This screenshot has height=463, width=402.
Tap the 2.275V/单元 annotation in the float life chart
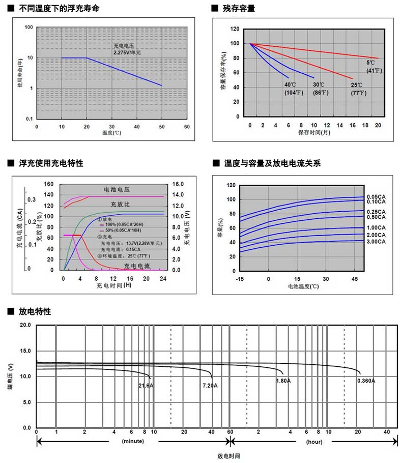pos(127,52)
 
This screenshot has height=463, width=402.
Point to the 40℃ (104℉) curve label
pos(291,89)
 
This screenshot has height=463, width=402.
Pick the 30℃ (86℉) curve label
pos(320,89)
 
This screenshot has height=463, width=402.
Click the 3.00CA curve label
pos(376,241)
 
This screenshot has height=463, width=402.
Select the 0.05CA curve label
pos(376,196)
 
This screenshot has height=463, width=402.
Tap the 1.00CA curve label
pos(376,227)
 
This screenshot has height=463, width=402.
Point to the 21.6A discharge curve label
pos(146,386)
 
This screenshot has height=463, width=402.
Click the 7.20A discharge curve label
pos(210,386)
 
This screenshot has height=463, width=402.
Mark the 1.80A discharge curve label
pos(283,381)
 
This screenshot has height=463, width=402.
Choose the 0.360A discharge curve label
pos(366,381)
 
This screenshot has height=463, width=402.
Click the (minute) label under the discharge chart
pos(133,442)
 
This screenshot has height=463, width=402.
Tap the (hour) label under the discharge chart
pos(314,442)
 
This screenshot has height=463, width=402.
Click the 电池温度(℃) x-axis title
pos(303,287)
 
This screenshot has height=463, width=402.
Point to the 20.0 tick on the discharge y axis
pos(25,325)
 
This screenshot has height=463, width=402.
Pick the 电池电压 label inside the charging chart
pos(117,188)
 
